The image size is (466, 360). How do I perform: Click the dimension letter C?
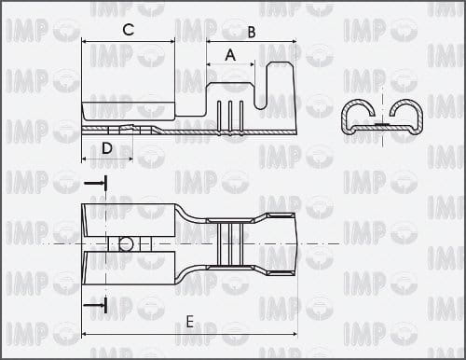(x=129, y=30)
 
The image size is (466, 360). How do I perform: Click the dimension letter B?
(x=252, y=33)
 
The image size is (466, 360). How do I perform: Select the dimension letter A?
(x=230, y=55)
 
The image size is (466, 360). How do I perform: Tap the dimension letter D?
(x=107, y=148)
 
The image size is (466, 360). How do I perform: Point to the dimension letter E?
(x=190, y=322)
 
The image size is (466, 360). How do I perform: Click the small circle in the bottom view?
(x=126, y=244)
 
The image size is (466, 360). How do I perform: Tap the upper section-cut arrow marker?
(x=96, y=184)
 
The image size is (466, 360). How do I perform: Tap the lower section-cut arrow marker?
(x=96, y=306)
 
